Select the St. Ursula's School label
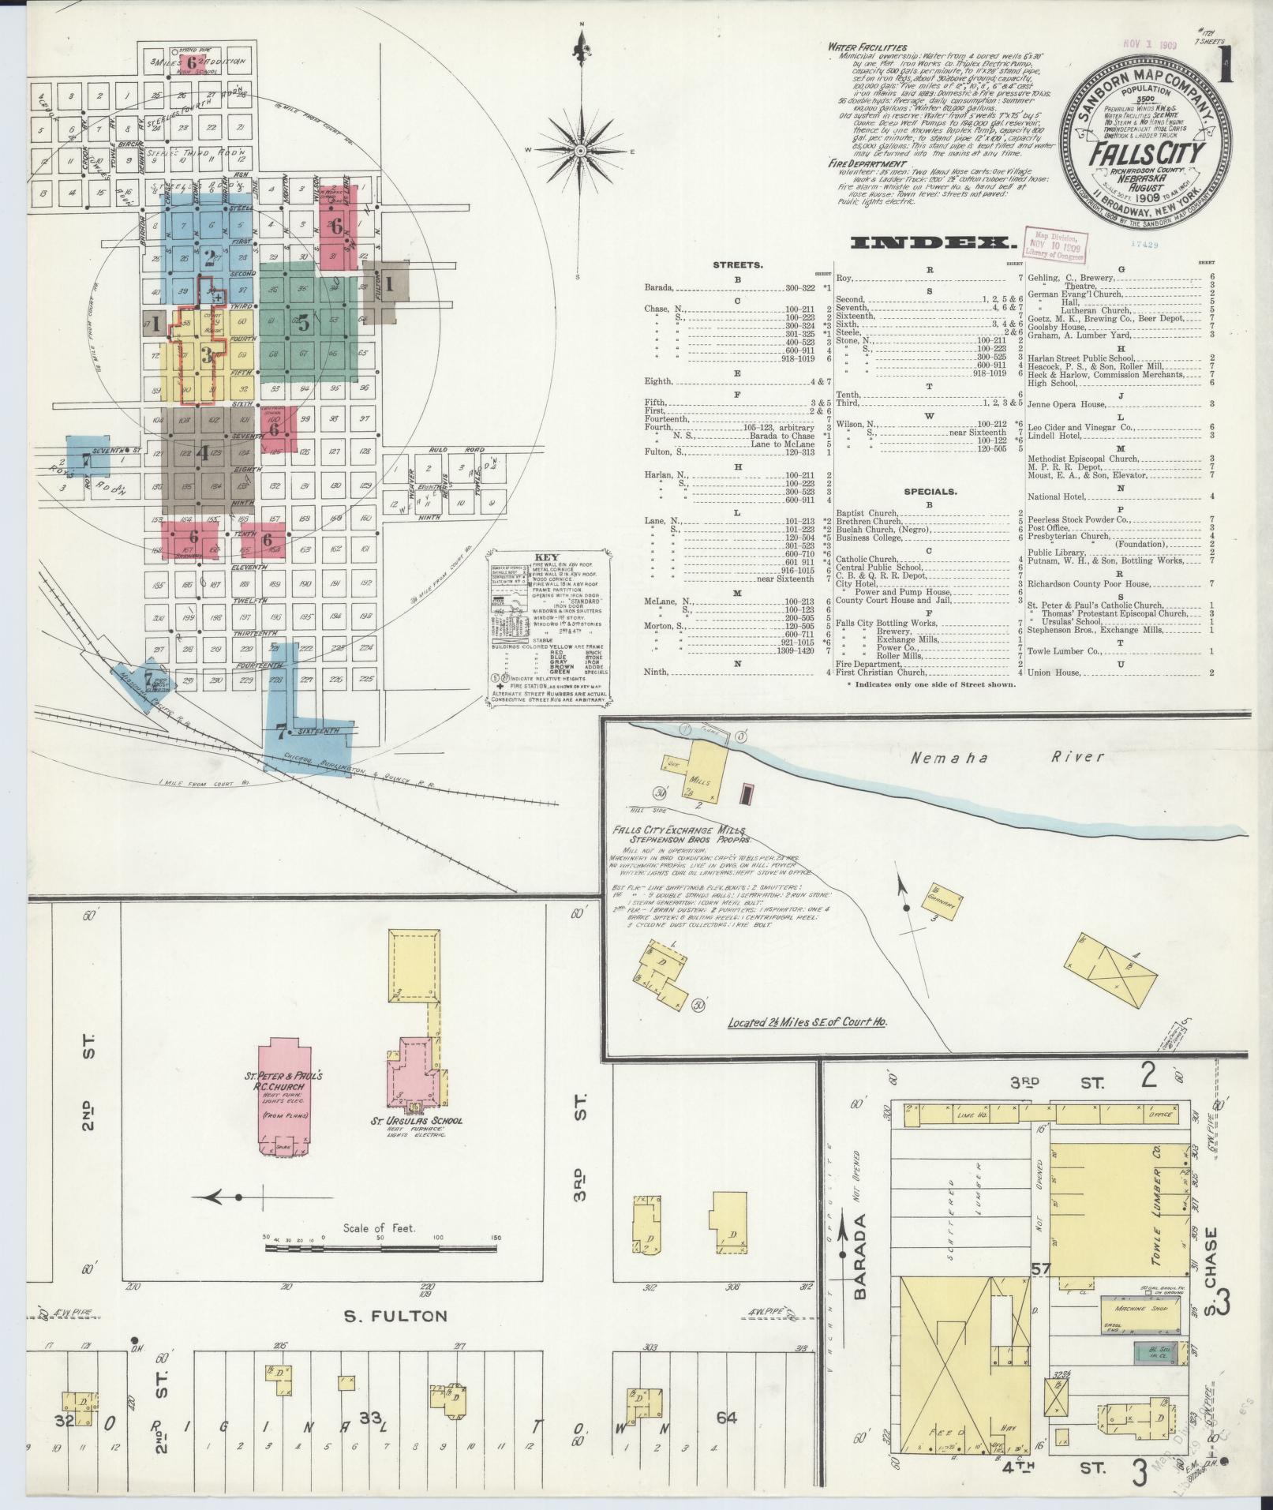[x=417, y=1121]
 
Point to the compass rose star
[x=581, y=150]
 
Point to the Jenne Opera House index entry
[x=1066, y=405]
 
